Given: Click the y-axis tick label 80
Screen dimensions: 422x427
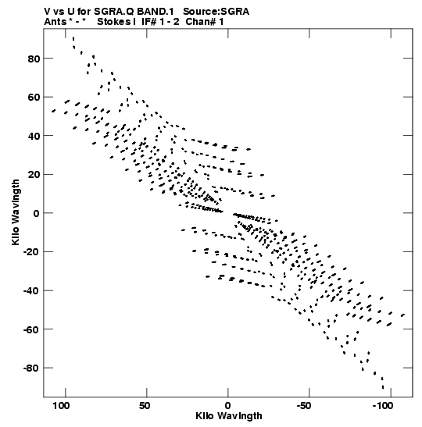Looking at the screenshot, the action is [34, 59].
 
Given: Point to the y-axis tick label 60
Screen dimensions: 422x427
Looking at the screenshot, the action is [34, 98].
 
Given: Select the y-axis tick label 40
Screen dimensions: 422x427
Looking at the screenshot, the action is [34, 136].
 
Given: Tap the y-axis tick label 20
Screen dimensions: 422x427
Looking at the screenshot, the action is [34, 175].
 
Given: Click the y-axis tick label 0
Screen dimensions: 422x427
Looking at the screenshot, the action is [37, 213].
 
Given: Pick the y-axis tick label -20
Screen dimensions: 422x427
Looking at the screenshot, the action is [31, 252].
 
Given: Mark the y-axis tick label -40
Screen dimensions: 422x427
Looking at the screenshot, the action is [31, 291].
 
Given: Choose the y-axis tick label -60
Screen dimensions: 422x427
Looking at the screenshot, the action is [31, 329].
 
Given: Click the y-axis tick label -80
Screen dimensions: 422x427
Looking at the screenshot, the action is [31, 368].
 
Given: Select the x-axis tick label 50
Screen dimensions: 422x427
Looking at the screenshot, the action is [145, 405].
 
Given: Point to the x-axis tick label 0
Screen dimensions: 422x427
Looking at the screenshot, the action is [228, 405].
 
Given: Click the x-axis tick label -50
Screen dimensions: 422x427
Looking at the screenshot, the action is [304, 405].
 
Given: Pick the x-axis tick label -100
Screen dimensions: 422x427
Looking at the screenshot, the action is [383, 405].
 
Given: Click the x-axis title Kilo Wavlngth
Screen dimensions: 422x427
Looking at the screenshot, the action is [229, 416].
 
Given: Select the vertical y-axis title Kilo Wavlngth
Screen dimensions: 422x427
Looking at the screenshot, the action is [16, 212].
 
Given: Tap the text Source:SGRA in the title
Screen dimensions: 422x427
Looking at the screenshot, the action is [216, 12].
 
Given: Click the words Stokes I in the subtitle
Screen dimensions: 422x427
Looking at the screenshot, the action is [116, 22].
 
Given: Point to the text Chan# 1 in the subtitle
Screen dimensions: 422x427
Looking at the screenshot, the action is [205, 22].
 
